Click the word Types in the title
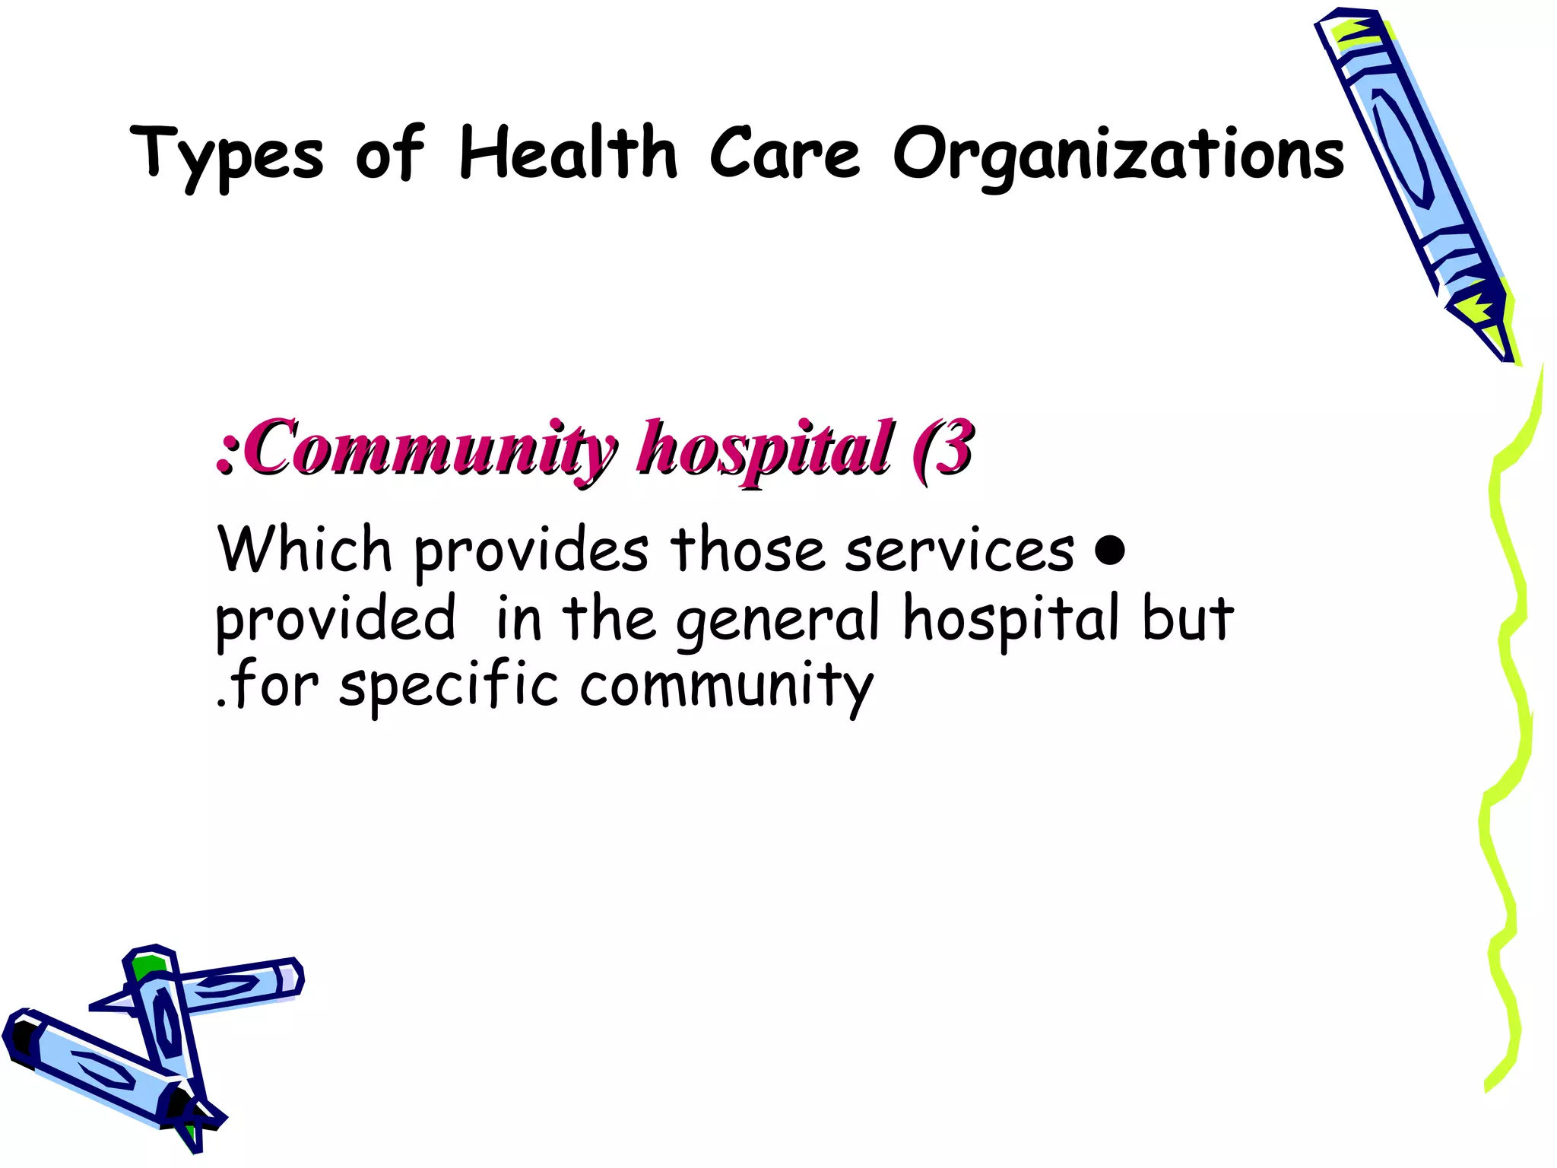tap(227, 156)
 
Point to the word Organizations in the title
tap(1118, 156)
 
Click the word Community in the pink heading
tap(430, 449)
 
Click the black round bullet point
tap(1111, 550)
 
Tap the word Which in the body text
tap(304, 549)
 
